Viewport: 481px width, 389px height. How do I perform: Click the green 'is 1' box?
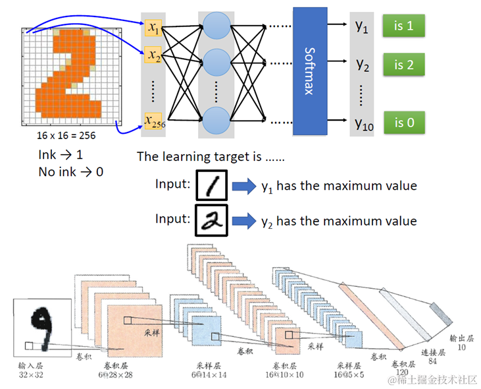click(x=403, y=26)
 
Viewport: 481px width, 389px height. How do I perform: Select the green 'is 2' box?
click(x=403, y=65)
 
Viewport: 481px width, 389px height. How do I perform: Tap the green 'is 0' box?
click(x=403, y=122)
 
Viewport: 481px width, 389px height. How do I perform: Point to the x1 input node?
click(x=153, y=28)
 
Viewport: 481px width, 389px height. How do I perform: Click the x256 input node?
click(x=153, y=121)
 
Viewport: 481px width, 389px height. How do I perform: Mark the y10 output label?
click(x=363, y=122)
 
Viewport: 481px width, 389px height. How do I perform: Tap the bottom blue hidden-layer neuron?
click(x=216, y=121)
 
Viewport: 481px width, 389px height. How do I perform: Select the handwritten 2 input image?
click(x=211, y=221)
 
